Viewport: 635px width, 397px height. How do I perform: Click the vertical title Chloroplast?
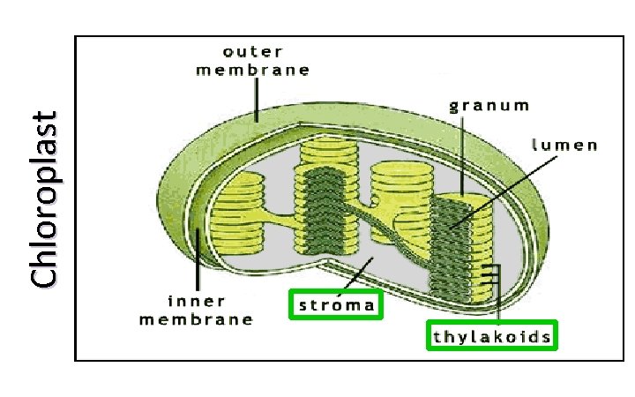click(44, 199)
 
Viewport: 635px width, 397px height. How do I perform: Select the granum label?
click(489, 106)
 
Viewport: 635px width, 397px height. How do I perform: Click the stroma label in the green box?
click(336, 305)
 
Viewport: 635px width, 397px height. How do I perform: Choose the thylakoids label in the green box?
click(492, 336)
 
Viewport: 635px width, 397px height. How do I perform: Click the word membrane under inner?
click(197, 319)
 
